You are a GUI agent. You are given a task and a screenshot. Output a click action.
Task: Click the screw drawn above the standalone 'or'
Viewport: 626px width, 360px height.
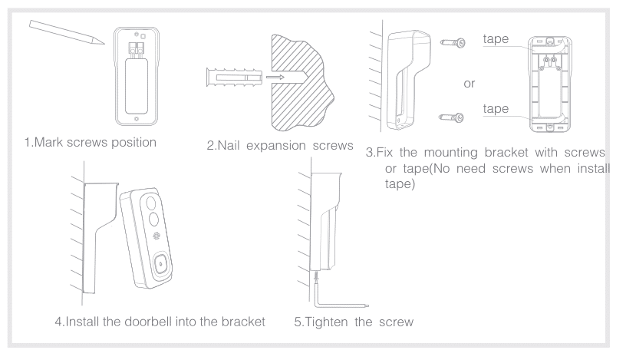click(453, 46)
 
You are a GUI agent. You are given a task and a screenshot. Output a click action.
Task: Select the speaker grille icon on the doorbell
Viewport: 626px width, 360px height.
click(156, 239)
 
